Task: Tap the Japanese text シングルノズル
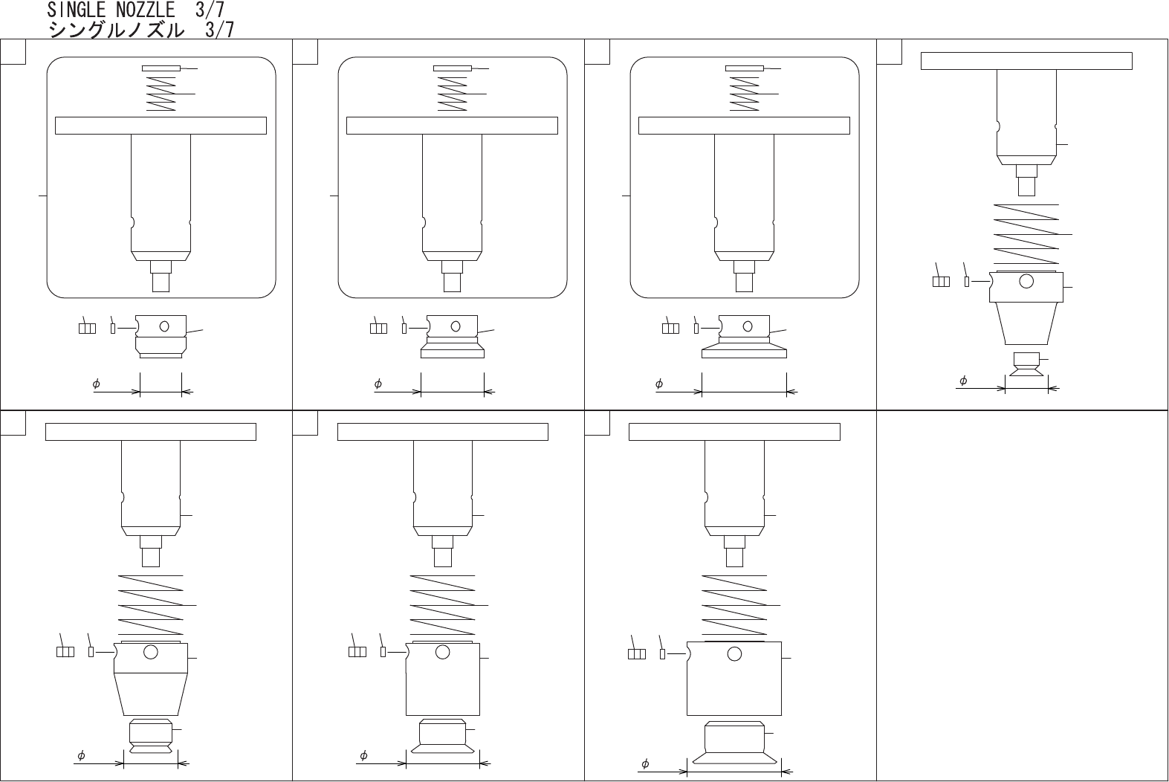click(117, 30)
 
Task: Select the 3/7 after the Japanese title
click(219, 30)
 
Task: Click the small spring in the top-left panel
click(161, 94)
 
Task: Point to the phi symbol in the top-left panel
click(96, 384)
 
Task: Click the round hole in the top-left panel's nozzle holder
click(164, 327)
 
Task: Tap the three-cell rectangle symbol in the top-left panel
click(87, 329)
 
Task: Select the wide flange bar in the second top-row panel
click(452, 126)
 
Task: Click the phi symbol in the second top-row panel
click(378, 384)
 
